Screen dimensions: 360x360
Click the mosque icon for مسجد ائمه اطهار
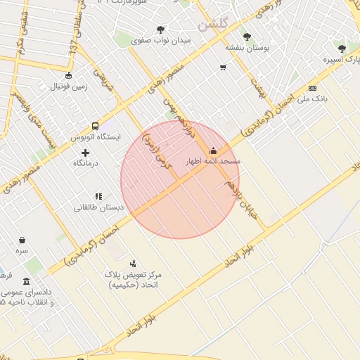(x=214, y=150)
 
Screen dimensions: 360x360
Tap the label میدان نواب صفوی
(x=161, y=41)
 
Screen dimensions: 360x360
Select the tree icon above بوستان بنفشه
(x=246, y=37)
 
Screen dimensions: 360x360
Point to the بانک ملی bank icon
(x=312, y=88)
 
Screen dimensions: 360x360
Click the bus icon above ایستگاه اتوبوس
(x=95, y=126)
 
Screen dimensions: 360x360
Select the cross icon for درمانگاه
(x=86, y=153)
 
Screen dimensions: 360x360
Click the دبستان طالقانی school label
(x=99, y=208)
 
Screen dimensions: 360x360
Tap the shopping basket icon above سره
(x=22, y=240)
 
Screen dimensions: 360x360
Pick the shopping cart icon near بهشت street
(x=223, y=68)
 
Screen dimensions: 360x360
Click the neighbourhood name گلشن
(x=214, y=25)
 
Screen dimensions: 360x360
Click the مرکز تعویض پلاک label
(x=133, y=278)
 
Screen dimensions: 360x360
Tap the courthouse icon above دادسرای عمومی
(x=27, y=281)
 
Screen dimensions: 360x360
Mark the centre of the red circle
(x=180, y=179)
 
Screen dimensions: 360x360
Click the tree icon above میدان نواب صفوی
(x=160, y=30)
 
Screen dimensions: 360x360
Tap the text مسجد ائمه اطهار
(x=212, y=162)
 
